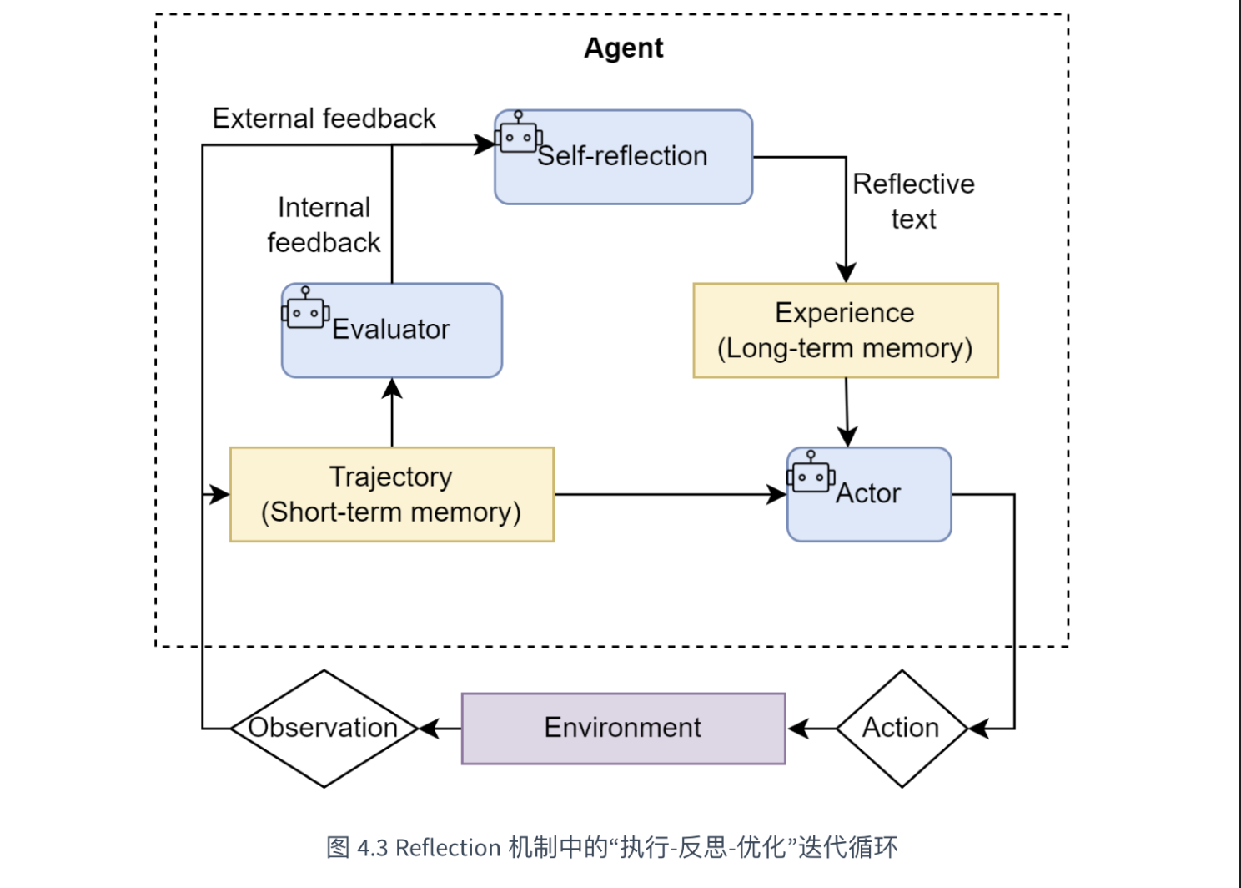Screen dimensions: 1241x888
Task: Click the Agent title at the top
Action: tap(623, 48)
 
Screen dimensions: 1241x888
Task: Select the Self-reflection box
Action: tap(623, 157)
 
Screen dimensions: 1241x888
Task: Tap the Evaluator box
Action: tap(392, 330)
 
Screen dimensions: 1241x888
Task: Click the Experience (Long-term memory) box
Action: tap(846, 330)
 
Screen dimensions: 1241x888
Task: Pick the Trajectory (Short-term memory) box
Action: tap(392, 494)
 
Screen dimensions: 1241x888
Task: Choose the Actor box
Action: tap(869, 494)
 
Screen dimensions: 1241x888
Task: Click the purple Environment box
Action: tap(623, 729)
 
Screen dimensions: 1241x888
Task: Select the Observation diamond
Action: tap(324, 729)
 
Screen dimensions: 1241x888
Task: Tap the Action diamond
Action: tap(902, 729)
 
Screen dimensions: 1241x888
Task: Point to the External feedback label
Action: tap(324, 118)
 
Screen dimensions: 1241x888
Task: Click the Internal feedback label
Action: tap(324, 225)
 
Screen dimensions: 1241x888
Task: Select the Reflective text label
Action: tap(913, 200)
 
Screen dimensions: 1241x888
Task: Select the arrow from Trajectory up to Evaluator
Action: tap(392, 412)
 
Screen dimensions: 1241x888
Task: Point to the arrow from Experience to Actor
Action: tap(847, 412)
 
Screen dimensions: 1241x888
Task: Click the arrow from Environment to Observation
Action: tap(440, 729)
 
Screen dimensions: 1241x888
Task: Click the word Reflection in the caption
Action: tap(448, 848)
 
